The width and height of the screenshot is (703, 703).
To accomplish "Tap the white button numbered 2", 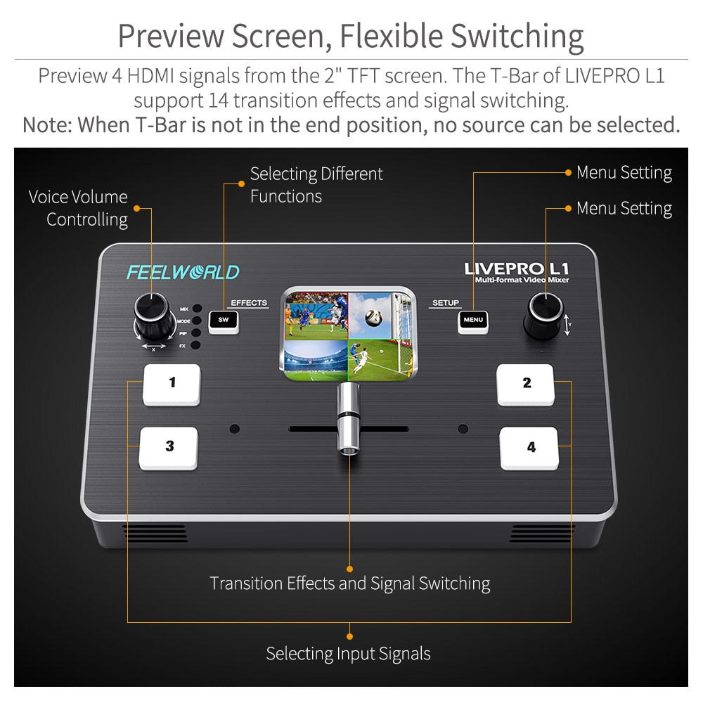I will click(x=526, y=385).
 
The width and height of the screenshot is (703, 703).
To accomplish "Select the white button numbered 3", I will click(x=169, y=448).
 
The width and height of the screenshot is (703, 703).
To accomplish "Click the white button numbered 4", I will click(x=529, y=448).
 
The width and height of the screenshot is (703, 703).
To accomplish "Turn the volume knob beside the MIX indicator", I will click(x=154, y=318).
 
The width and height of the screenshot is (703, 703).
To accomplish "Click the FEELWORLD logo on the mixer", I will click(x=183, y=272).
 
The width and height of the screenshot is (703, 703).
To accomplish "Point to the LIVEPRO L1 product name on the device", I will click(x=517, y=269).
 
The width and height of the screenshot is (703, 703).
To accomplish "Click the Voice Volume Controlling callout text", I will click(x=79, y=208).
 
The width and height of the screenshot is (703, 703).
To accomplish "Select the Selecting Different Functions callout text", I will click(x=316, y=184).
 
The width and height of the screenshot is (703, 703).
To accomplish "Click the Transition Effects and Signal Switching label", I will click(x=349, y=583).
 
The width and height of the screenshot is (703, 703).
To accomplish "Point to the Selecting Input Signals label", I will click(x=348, y=654).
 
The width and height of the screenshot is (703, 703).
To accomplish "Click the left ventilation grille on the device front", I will click(x=156, y=533).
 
